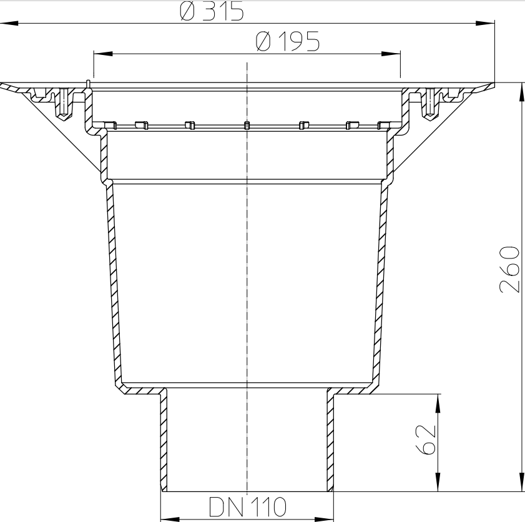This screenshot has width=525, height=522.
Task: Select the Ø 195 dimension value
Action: click(x=288, y=42)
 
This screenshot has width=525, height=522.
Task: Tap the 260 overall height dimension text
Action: click(x=509, y=269)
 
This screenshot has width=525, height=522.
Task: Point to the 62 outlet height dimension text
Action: click(x=424, y=441)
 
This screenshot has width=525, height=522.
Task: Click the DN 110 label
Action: click(x=247, y=506)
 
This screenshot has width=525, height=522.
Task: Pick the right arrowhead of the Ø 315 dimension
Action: click(x=488, y=24)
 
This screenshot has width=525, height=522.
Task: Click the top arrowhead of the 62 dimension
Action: click(x=438, y=402)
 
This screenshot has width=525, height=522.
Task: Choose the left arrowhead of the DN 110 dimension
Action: click(x=169, y=518)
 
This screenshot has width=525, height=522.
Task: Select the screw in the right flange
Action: click(x=429, y=102)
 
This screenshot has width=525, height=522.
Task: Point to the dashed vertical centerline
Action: click(x=248, y=281)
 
